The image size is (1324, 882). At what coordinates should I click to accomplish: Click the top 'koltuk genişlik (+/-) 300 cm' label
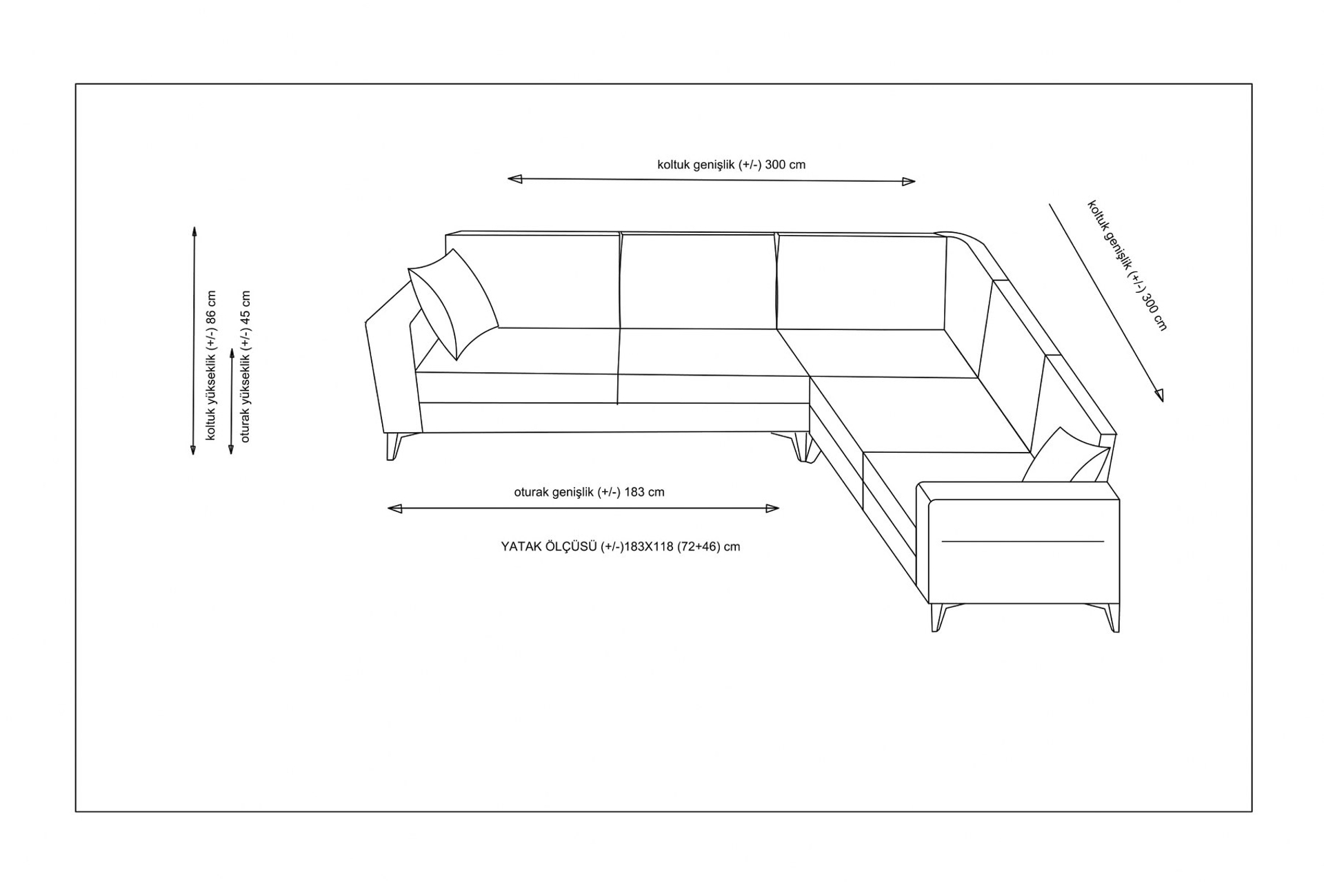pyautogui.click(x=731, y=165)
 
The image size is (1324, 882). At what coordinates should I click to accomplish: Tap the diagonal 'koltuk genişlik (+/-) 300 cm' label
pyautogui.click(x=1127, y=265)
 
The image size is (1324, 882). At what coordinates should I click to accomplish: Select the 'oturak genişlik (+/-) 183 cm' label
pyautogui.click(x=589, y=492)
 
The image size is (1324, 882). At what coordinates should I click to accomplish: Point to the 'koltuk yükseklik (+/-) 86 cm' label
pyautogui.click(x=211, y=365)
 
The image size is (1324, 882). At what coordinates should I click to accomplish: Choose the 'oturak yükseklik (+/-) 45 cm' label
pyautogui.click(x=245, y=367)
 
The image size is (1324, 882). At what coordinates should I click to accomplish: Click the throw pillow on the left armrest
pyautogui.click(x=453, y=303)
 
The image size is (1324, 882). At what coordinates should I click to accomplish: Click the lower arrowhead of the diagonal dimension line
pyautogui.click(x=1158, y=395)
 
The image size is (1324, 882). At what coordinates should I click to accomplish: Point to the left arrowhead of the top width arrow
pyautogui.click(x=514, y=179)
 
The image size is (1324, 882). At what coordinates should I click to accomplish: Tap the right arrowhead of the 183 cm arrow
pyautogui.click(x=772, y=509)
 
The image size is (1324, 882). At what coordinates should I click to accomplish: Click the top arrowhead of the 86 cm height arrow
pyautogui.click(x=194, y=233)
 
